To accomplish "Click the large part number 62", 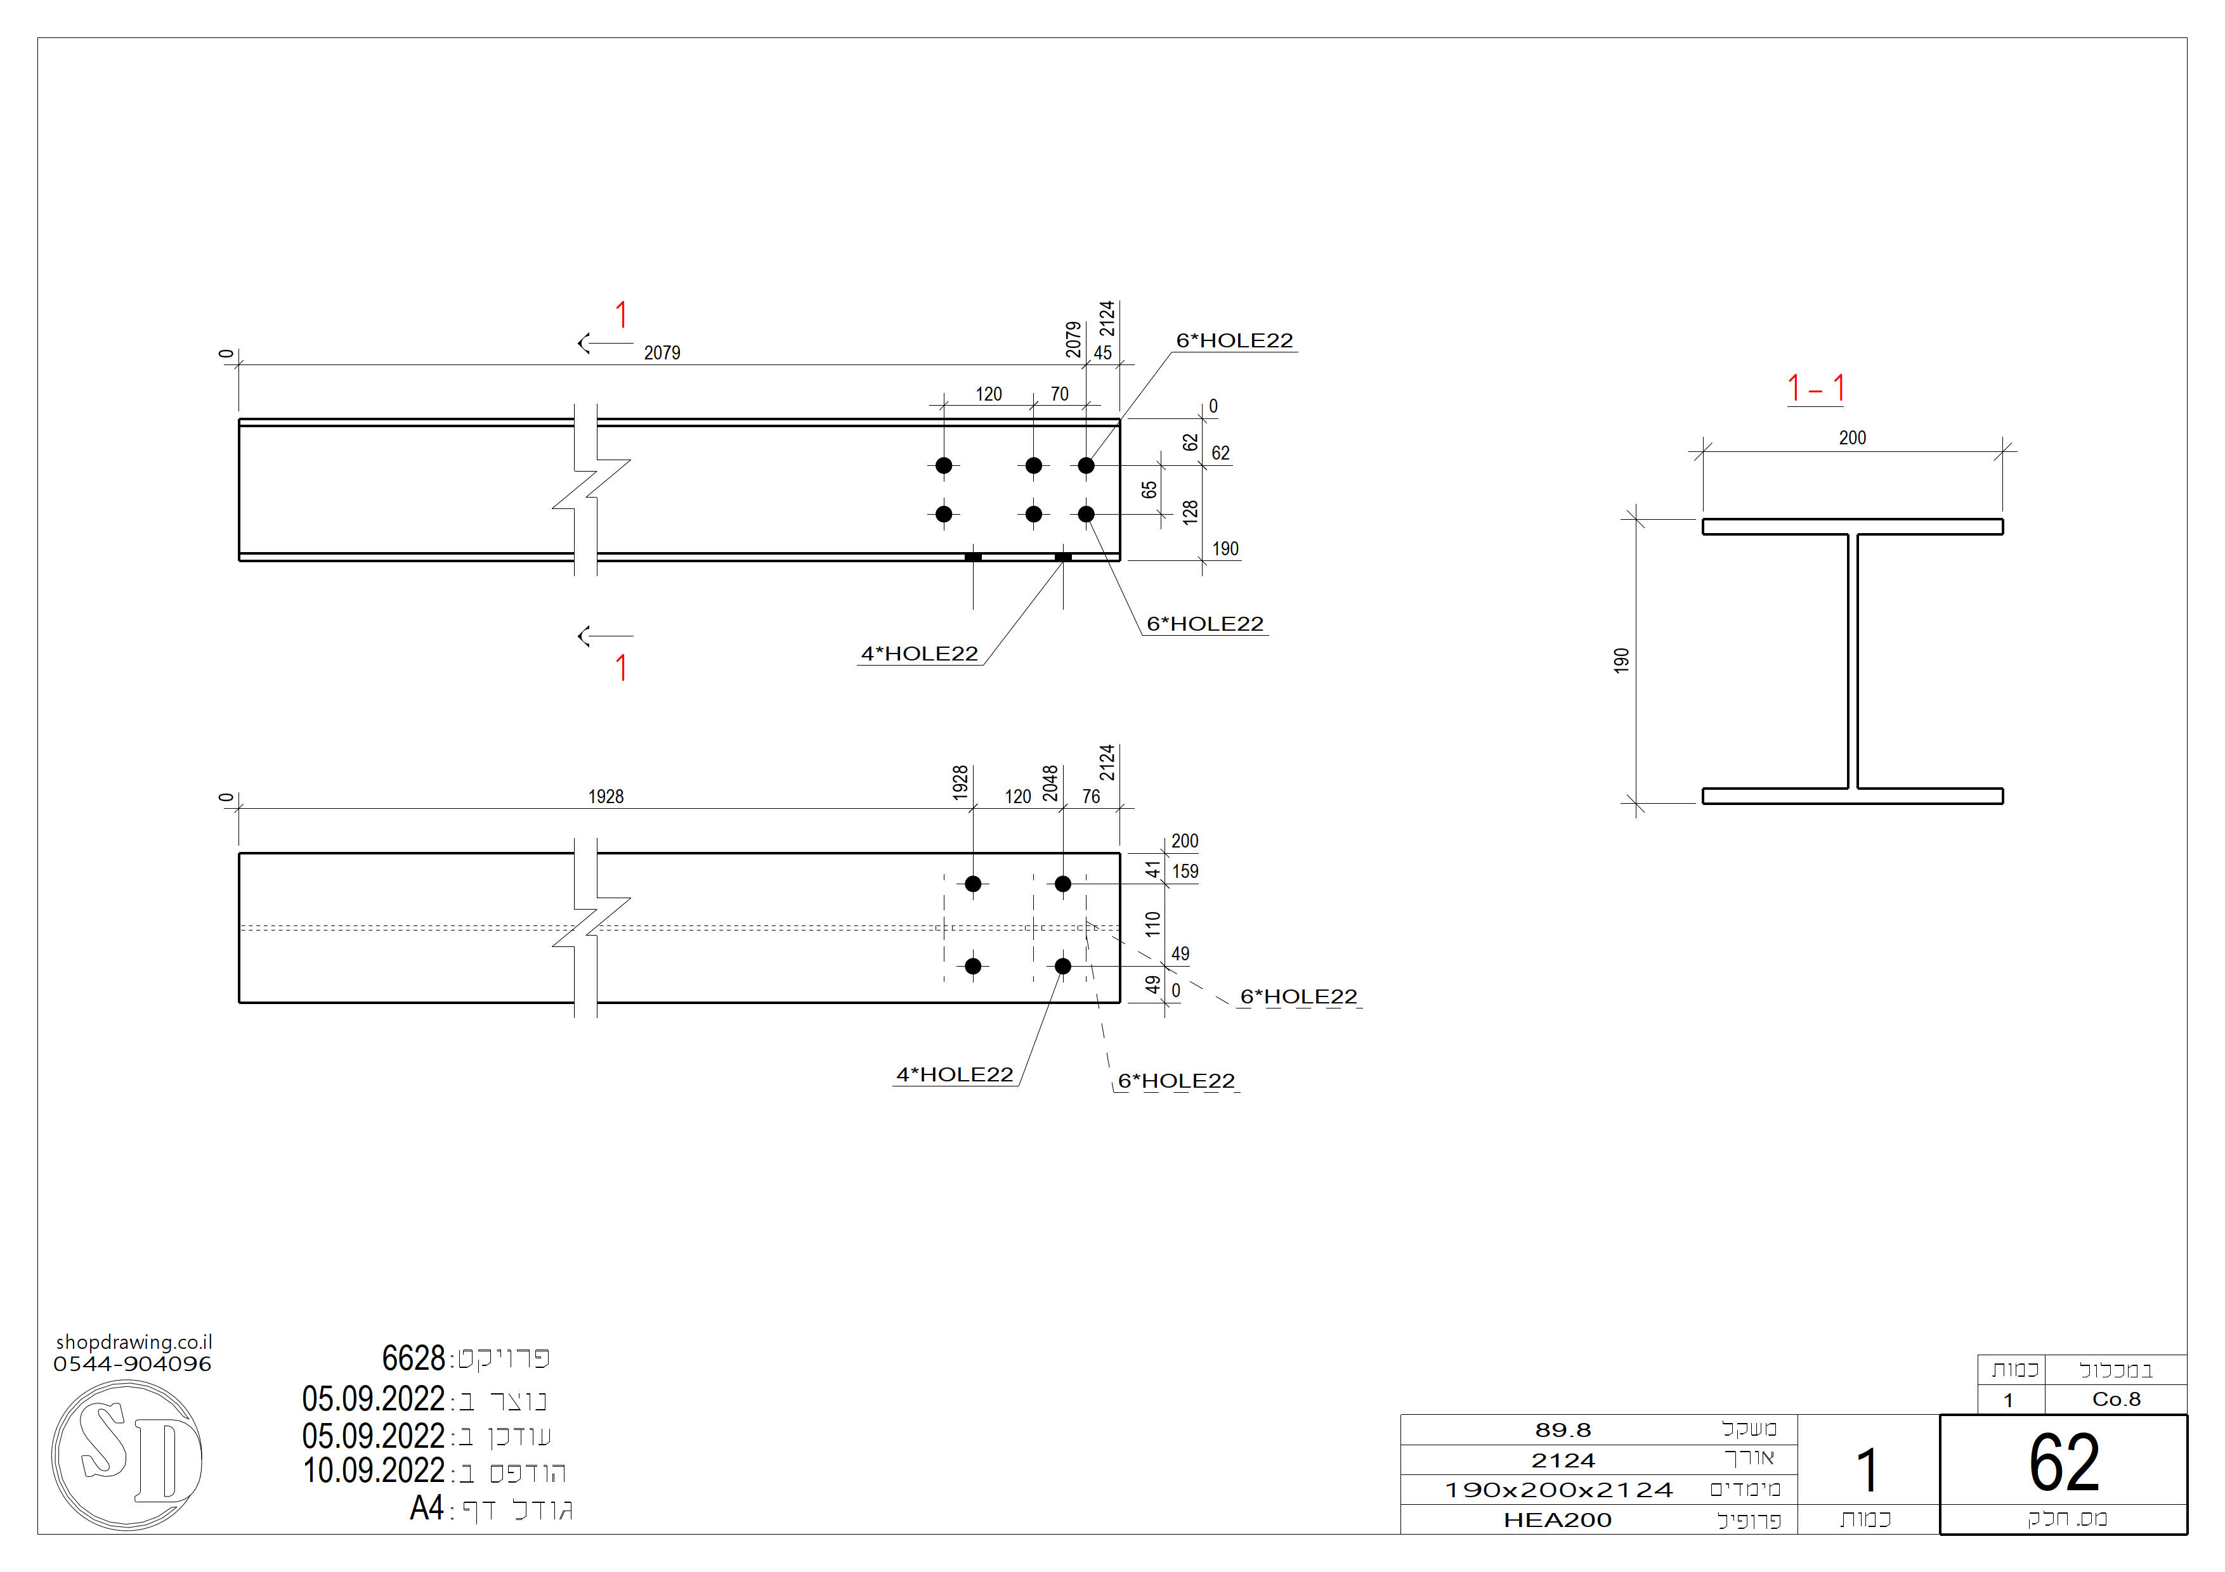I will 2063,1462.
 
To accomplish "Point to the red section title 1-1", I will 1816,389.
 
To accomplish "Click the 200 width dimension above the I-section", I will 1852,438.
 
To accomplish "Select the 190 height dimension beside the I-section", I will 1621,660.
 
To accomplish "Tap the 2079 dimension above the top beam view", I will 662,352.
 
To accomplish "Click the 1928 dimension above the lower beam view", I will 606,796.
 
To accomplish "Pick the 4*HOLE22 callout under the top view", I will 918,654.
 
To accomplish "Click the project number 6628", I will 413,1358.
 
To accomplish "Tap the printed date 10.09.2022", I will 373,1471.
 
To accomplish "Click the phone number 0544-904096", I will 132,1363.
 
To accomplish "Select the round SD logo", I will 127,1455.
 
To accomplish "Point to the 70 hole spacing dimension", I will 1059,394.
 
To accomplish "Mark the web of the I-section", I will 1852,660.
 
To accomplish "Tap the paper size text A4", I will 426,1508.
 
